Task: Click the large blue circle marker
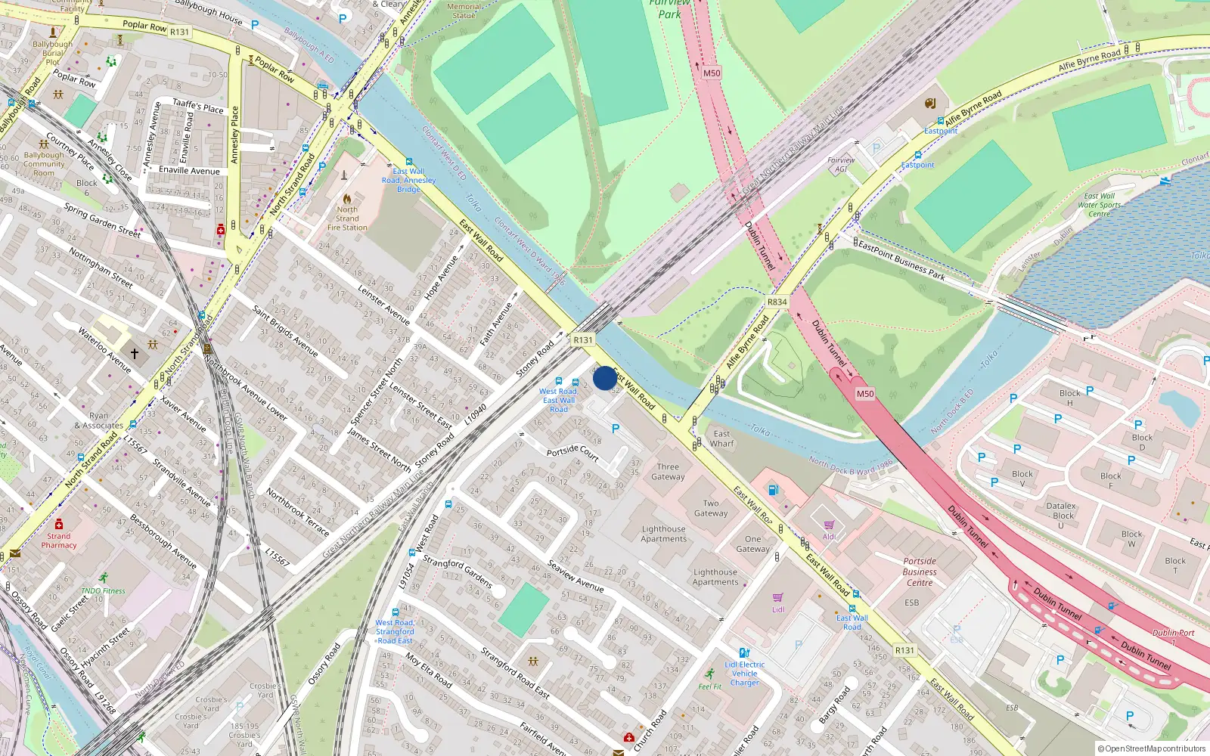[604, 378]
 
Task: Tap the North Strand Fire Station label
[347, 218]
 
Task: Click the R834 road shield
[777, 302]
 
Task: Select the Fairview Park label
[669, 9]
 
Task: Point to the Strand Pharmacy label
[59, 541]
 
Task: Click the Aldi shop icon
[829, 525]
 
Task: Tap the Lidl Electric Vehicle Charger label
[744, 674]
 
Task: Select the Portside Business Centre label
[920, 572]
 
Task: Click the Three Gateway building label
[668, 472]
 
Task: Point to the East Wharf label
[721, 438]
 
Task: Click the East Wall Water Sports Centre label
[1100, 205]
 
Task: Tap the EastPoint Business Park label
[901, 261]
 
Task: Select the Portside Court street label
[572, 452]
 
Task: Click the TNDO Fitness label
[103, 590]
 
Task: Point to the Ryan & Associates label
[99, 420]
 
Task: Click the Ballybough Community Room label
[44, 163]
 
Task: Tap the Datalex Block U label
[1061, 516]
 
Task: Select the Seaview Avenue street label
[576, 576]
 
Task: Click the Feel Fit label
[709, 686]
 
